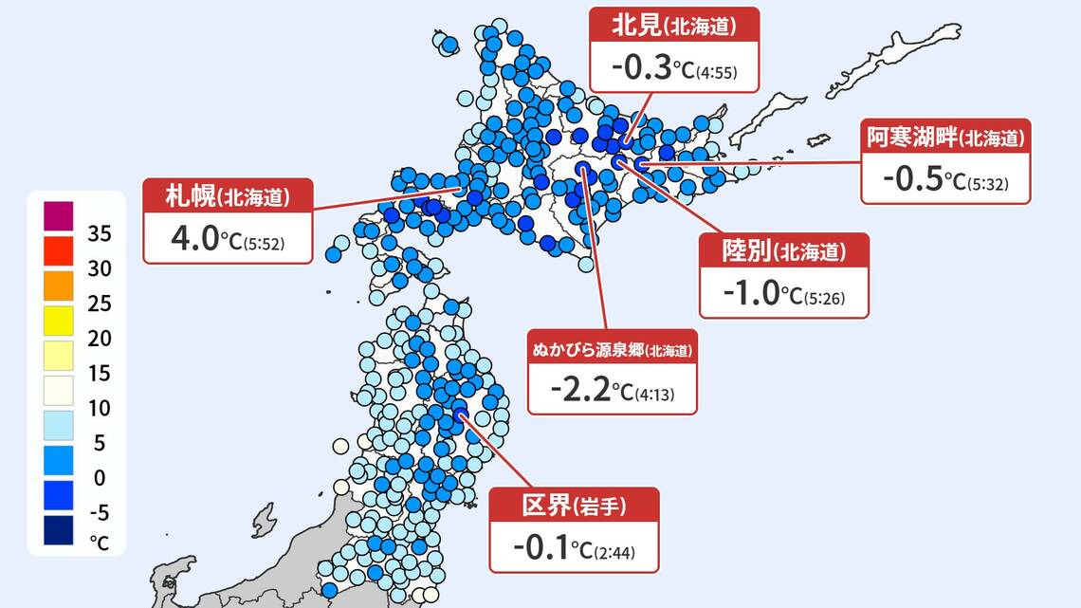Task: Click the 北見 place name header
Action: [x=674, y=26]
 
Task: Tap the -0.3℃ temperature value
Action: [x=641, y=68]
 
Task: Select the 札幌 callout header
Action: [x=228, y=197]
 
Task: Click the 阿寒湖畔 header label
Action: [x=945, y=138]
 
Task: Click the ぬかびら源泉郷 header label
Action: [x=612, y=349]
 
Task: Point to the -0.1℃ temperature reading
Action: [x=542, y=548]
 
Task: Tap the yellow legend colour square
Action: [x=58, y=321]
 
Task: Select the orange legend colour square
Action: [x=58, y=286]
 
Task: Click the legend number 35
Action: [x=100, y=233]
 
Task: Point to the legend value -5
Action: [x=99, y=512]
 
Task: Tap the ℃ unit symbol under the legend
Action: [x=100, y=544]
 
